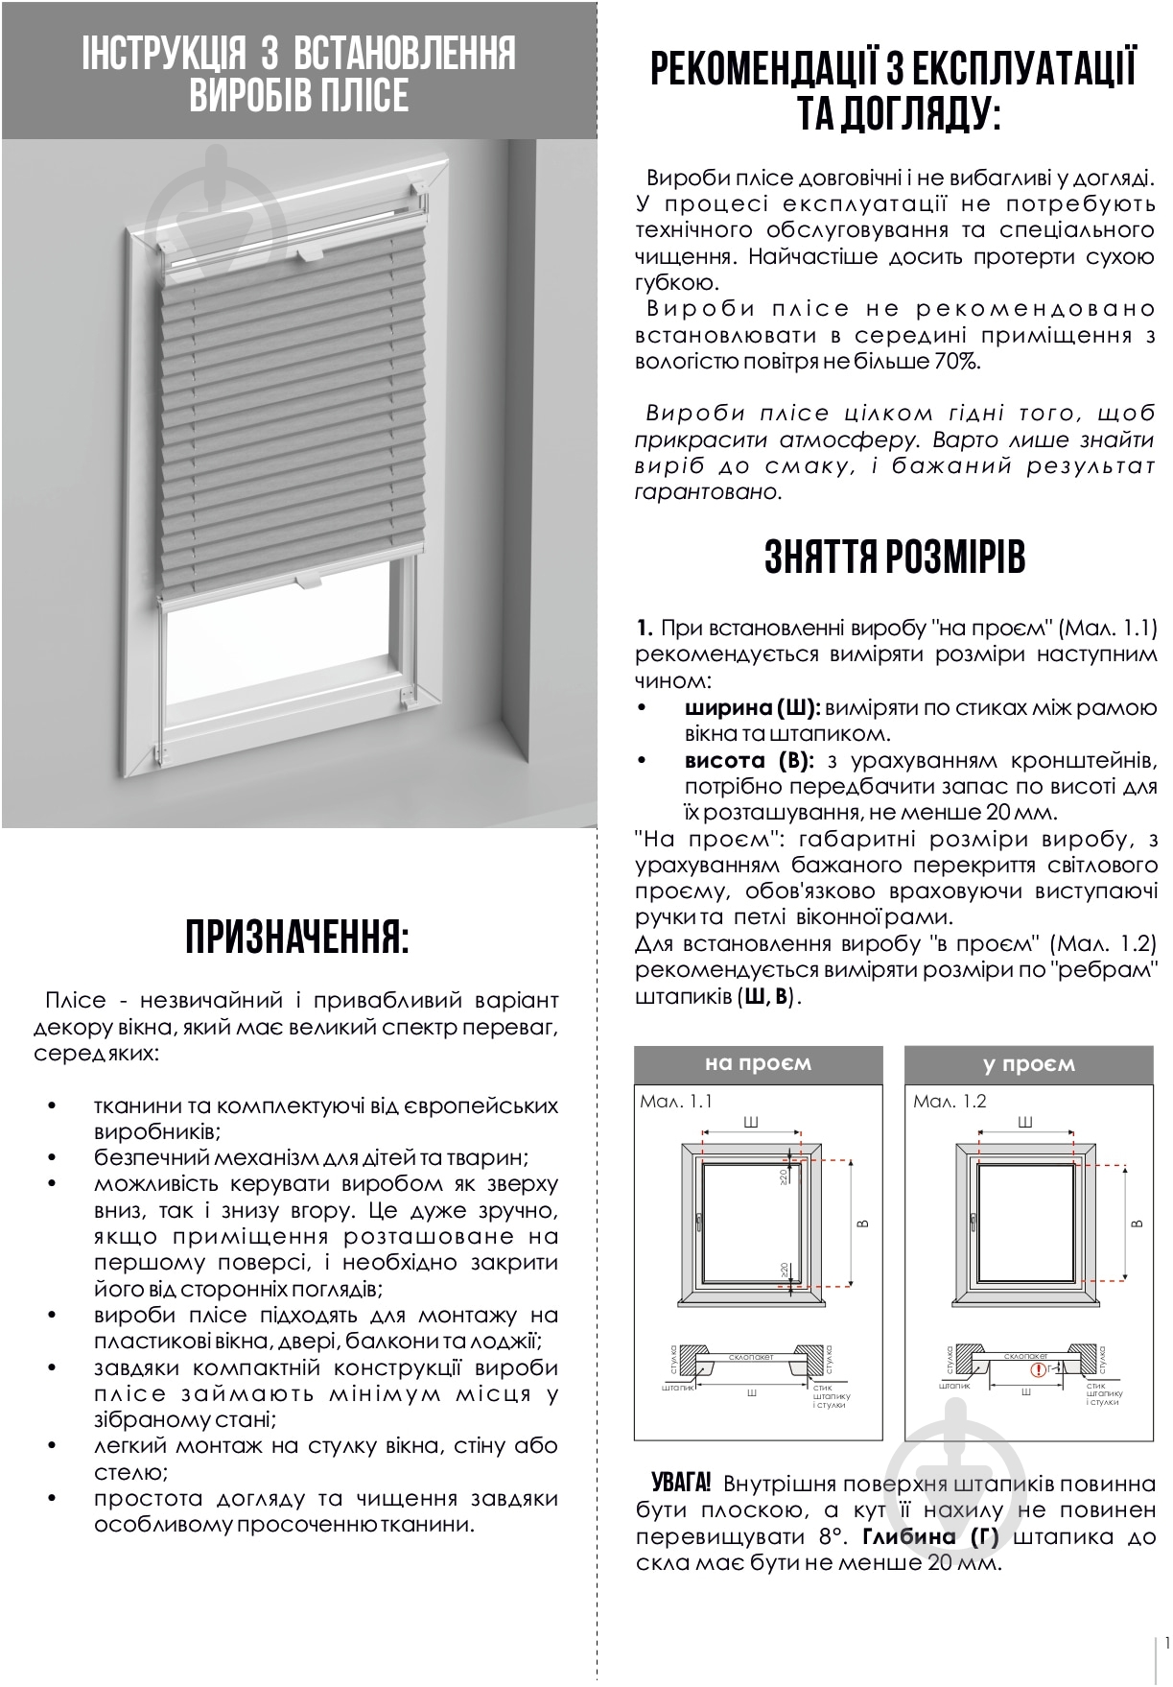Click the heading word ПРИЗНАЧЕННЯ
coord(296,938)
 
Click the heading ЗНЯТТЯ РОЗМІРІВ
coord(894,557)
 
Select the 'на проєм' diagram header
coord(758,1063)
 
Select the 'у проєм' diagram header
coord(1028,1063)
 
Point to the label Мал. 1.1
coord(676,1101)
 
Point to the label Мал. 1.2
coord(950,1101)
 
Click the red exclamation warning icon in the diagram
coord(1037,1369)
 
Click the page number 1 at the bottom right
coord(1166,1642)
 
